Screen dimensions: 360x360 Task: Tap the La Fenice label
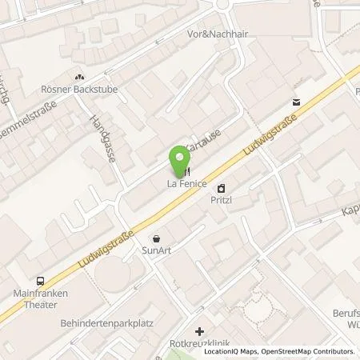[x=186, y=185]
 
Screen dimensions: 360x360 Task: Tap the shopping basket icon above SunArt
[x=156, y=238]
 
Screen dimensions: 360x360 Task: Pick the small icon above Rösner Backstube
[x=78, y=77]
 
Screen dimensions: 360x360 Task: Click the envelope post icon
[x=298, y=102]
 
